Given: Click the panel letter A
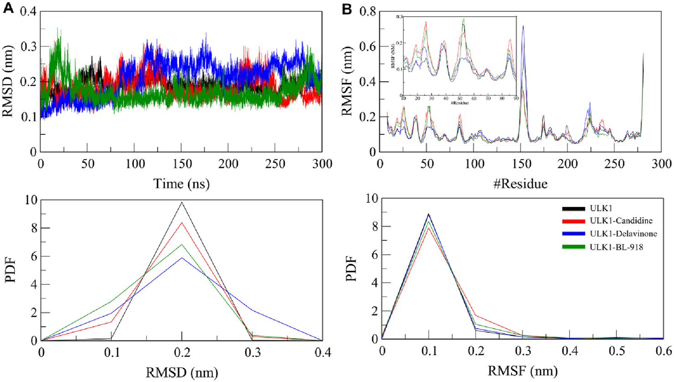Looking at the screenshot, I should point(8,8).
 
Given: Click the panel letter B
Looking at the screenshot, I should point(347,8).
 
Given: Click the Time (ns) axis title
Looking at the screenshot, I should point(181,184).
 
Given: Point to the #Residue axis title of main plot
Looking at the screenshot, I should point(521,184).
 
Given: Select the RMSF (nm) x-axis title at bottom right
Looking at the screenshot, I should point(523,371).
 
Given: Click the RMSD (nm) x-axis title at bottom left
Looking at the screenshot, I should point(182,372).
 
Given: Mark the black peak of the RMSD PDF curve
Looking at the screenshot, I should point(182,202).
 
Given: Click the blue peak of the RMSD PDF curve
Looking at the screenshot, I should point(182,258).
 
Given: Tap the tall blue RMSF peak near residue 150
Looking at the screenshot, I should point(523,26).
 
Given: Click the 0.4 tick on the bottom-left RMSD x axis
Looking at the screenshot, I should point(322,352).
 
